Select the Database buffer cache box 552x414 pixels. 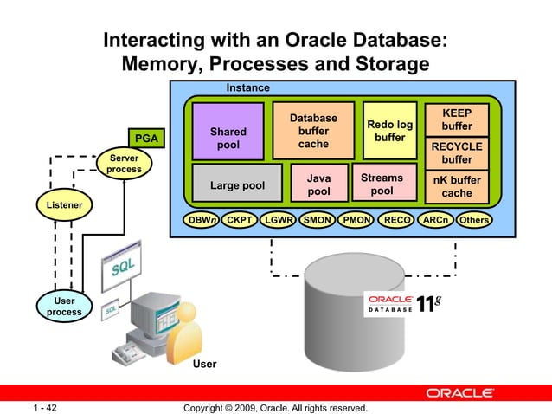click(313, 131)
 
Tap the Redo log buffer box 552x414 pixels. click(390, 132)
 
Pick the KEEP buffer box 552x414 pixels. click(457, 120)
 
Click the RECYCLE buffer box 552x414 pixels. click(457, 153)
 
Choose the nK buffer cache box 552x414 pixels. click(457, 187)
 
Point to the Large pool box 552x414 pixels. click(237, 185)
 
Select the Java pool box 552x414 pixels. click(319, 184)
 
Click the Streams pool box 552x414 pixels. click(382, 184)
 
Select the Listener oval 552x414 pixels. click(64, 205)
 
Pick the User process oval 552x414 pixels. click(64, 306)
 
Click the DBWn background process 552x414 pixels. click(201, 220)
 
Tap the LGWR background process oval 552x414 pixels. click(279, 220)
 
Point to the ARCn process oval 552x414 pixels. click(435, 220)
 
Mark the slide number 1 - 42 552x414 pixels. click(45, 407)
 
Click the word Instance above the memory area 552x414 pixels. click(247, 88)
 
